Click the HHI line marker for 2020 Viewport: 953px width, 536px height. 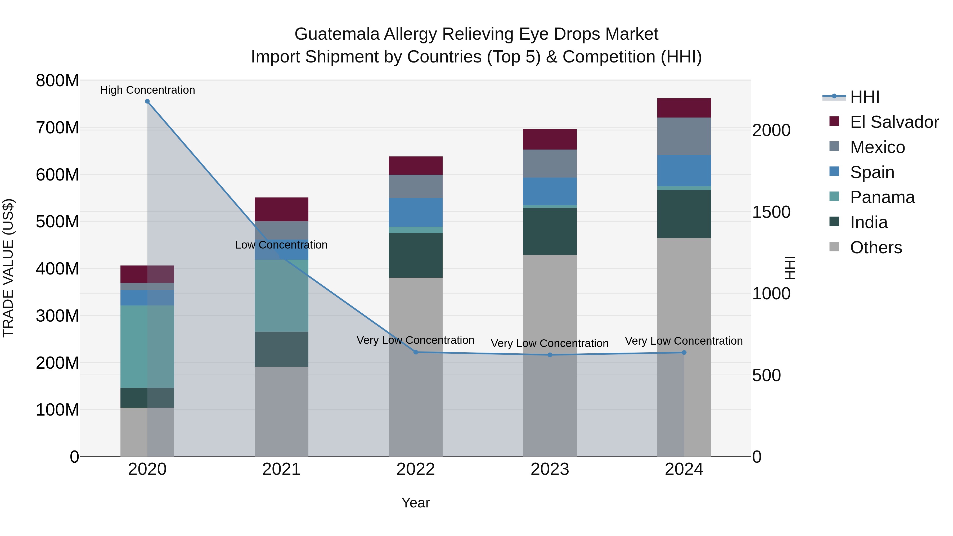point(147,101)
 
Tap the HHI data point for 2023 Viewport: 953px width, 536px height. point(550,355)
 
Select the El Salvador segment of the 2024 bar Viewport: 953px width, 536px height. point(684,108)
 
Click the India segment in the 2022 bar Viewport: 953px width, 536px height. point(415,255)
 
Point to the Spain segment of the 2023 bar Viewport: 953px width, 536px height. point(550,191)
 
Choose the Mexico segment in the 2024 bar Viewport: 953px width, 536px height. point(684,137)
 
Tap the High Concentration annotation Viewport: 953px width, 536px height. point(147,90)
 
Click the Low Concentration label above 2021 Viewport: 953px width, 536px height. point(281,245)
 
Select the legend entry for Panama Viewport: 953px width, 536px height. point(882,197)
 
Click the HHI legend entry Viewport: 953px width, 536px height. point(864,97)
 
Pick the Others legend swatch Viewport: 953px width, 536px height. point(834,246)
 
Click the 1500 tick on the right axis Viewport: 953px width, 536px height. point(772,212)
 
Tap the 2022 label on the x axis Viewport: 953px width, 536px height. point(415,469)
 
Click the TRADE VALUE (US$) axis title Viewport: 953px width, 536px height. point(8,268)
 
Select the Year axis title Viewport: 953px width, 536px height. point(415,503)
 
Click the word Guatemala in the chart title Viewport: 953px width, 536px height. point(337,34)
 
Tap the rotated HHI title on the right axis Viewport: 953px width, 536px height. point(790,268)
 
